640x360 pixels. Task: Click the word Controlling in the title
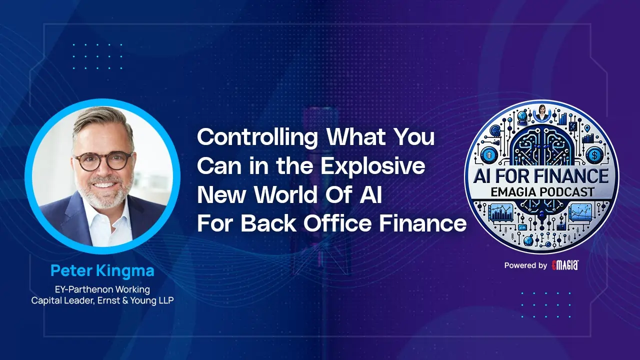(257, 138)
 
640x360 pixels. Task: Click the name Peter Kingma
(102, 270)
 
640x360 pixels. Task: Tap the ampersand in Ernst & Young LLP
(125, 300)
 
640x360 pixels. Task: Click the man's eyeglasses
(103, 160)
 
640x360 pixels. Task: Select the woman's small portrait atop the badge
(541, 112)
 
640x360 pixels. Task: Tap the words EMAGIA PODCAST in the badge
(542, 192)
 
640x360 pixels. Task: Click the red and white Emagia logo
(565, 265)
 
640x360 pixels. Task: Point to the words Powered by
(525, 265)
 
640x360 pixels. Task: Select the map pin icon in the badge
(587, 128)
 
